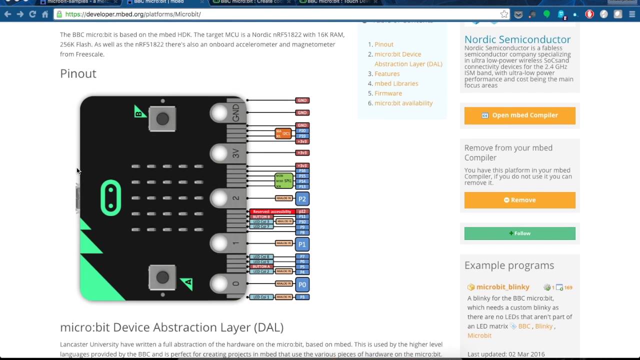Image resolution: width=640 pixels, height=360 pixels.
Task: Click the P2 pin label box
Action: pyautogui.click(x=302, y=199)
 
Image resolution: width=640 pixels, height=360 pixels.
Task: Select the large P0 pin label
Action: pyautogui.click(x=302, y=284)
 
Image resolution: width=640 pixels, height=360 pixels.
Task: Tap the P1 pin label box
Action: pyautogui.click(x=302, y=244)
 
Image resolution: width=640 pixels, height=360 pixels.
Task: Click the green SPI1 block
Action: pyautogui.click(x=283, y=181)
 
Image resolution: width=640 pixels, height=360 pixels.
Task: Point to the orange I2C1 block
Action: pyautogui.click(x=283, y=133)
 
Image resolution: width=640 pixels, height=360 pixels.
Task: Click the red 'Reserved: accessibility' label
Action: pyautogui.click(x=272, y=211)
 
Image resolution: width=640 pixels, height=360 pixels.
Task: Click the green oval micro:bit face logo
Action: pyautogui.click(x=111, y=198)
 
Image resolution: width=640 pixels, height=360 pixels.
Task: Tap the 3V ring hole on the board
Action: pyautogui.click(x=219, y=153)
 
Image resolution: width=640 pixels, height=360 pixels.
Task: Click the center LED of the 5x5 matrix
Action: pyautogui.click(x=167, y=198)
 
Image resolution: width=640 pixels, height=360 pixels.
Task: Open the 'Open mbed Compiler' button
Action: pyautogui.click(x=519, y=115)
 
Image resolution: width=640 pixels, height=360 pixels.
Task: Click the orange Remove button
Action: pyautogui.click(x=519, y=200)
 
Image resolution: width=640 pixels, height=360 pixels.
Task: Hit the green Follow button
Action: pyautogui.click(x=519, y=233)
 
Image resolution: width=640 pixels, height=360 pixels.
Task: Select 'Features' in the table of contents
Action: pyautogui.click(x=387, y=73)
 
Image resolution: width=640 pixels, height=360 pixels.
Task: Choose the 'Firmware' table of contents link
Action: pyautogui.click(x=388, y=93)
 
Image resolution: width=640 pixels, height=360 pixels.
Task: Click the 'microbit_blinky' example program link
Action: pyautogui.click(x=502, y=287)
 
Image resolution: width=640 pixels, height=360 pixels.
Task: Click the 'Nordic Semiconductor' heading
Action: pyautogui.click(x=517, y=39)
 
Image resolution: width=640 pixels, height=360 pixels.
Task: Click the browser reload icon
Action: pyautogui.click(x=32, y=14)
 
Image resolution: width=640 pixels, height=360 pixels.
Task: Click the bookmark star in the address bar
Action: pyautogui.click(x=504, y=14)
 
